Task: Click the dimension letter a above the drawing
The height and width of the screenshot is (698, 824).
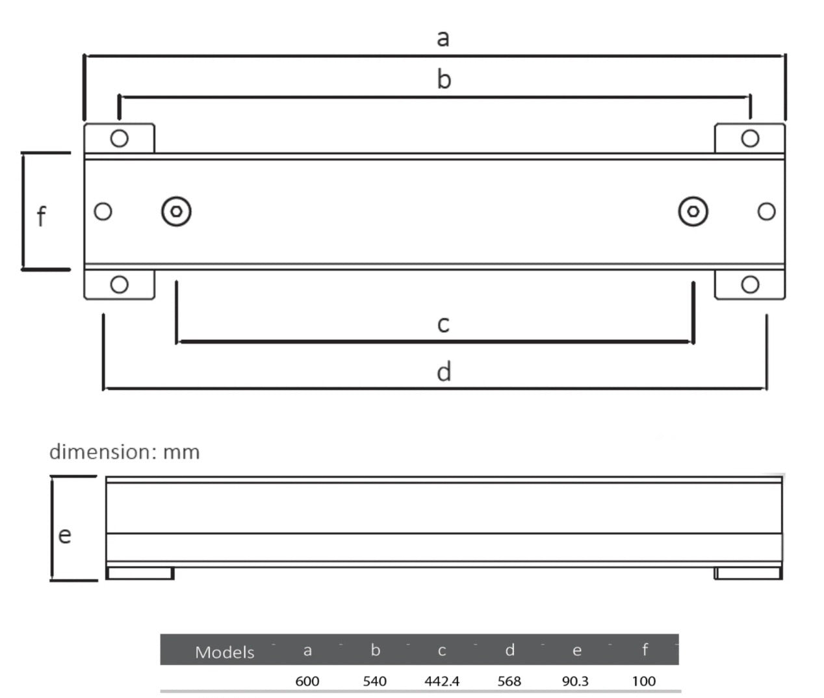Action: [x=443, y=38]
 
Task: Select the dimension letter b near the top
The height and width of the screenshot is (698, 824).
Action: [x=444, y=79]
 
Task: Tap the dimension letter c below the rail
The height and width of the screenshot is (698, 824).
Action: [x=443, y=324]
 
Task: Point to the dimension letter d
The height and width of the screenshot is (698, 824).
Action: [x=444, y=372]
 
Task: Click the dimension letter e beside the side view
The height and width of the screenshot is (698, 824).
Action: [x=64, y=535]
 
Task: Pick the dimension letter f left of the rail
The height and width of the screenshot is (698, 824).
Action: [x=42, y=216]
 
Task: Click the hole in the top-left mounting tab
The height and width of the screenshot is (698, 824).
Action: [x=120, y=138]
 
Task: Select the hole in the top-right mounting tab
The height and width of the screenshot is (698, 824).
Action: [x=750, y=138]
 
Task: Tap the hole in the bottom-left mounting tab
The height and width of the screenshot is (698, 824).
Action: [x=120, y=285]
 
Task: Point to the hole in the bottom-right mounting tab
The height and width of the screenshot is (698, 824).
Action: [x=750, y=285]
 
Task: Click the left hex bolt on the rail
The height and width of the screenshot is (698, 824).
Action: [x=176, y=212]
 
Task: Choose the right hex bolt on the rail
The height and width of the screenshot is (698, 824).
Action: [x=693, y=212]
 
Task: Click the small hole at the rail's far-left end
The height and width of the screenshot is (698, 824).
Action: [x=103, y=212]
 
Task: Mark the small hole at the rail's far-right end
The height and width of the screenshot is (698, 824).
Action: [x=767, y=212]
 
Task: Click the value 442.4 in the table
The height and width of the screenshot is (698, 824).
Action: [x=442, y=681]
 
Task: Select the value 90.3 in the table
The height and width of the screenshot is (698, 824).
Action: [x=575, y=681]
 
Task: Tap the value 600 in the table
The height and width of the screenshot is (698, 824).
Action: [x=307, y=681]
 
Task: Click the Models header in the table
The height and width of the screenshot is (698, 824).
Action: [x=225, y=652]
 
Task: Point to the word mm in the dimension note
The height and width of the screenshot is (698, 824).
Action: [x=181, y=452]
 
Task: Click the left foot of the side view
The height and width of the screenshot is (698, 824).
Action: [x=140, y=573]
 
